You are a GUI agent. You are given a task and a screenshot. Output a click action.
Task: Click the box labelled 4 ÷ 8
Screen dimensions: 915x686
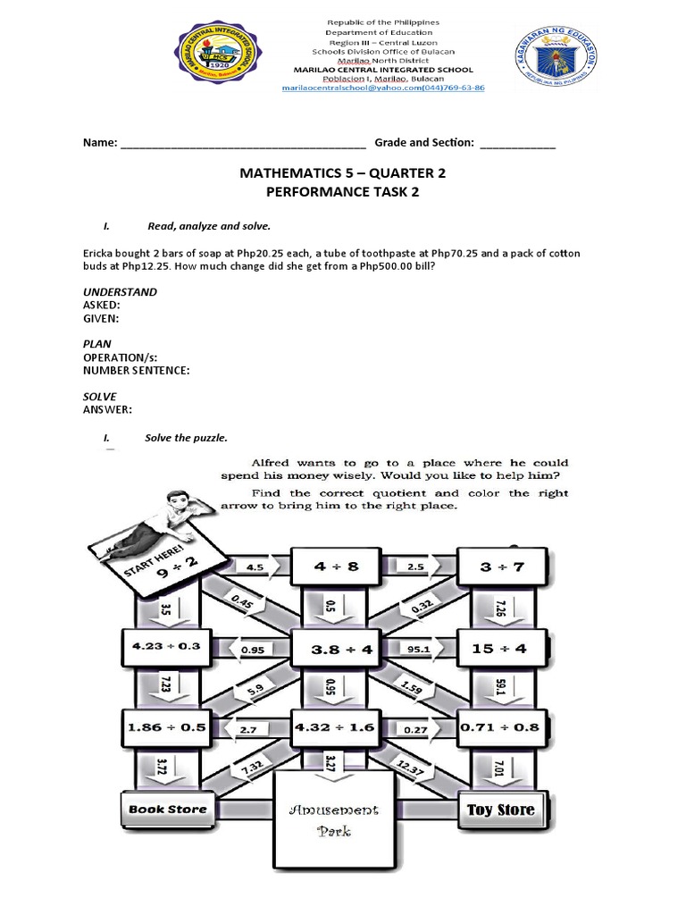pyautogui.click(x=330, y=567)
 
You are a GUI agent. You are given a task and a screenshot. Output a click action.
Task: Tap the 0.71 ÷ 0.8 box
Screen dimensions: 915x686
pyautogui.click(x=499, y=727)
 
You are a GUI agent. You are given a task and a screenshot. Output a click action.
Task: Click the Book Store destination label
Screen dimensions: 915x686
pyautogui.click(x=168, y=810)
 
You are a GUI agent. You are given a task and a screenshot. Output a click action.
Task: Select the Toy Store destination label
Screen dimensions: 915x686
pyautogui.click(x=500, y=810)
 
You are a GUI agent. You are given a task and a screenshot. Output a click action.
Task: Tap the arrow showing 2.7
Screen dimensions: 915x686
pyautogui.click(x=249, y=729)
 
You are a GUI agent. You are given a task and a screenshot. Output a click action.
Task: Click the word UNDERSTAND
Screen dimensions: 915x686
pyautogui.click(x=120, y=292)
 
